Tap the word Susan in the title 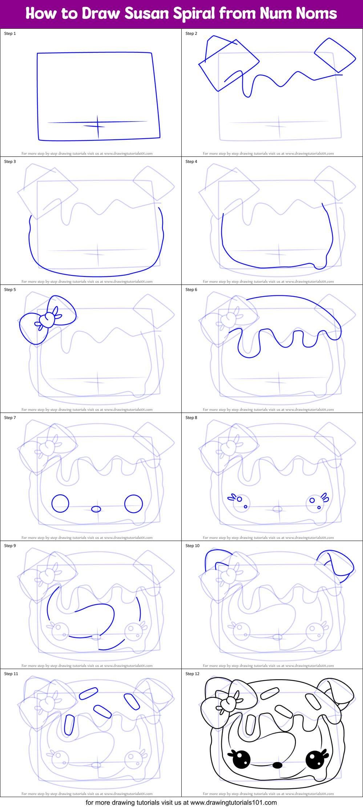click(x=147, y=14)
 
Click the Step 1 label click(x=10, y=33)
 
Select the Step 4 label click(x=191, y=162)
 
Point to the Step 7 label click(x=10, y=418)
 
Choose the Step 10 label click(x=193, y=546)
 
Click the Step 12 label click(x=193, y=674)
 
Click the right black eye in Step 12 click(x=315, y=759)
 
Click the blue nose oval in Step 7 click(x=96, y=509)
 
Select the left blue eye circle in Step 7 click(x=60, y=503)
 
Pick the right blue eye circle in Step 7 click(x=133, y=503)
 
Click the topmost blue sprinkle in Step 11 click(x=88, y=693)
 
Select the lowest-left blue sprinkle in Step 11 click(x=69, y=725)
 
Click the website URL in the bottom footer click(x=233, y=802)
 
